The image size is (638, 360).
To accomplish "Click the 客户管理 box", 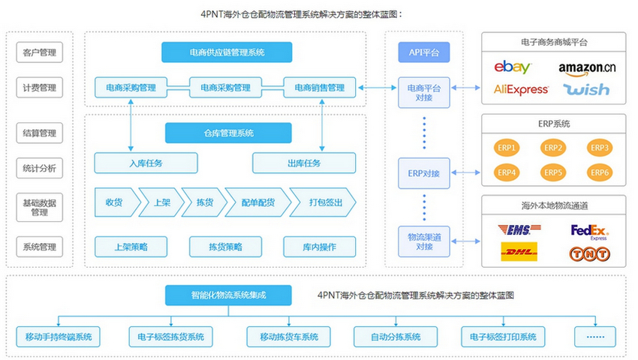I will (39, 52).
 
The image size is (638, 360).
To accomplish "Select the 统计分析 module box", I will (39, 168).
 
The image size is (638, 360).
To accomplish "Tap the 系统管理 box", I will (39, 246).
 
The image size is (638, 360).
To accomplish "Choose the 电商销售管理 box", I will (319, 88).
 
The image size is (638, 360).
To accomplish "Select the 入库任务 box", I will (146, 163).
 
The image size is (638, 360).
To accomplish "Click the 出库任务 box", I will (303, 163).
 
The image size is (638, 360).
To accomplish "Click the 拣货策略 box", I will (225, 246).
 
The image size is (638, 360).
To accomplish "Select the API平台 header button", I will (424, 52).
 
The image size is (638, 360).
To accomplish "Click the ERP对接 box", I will (424, 173).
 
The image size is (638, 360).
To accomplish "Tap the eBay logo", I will (513, 67).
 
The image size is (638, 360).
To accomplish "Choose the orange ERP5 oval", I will (552, 172).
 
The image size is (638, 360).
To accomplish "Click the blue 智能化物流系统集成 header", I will (228, 295).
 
